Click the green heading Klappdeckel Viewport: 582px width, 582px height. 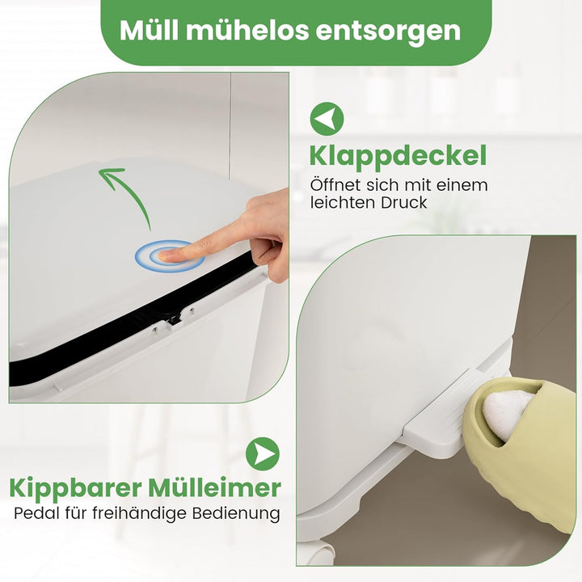pos(398,157)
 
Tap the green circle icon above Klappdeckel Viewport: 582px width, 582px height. pos(327,119)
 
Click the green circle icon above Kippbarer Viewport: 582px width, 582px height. pos(263,454)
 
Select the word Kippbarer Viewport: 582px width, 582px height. pos(76,489)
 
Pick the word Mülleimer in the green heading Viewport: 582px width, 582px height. pos(215,487)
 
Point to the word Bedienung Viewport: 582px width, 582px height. pos(236,514)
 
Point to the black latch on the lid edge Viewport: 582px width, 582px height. pos(173,318)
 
